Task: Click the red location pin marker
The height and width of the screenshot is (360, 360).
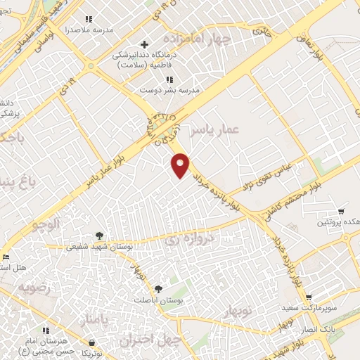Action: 181,165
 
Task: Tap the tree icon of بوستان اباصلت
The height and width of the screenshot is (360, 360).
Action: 158,289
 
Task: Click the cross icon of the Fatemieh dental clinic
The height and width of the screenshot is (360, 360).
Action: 144,44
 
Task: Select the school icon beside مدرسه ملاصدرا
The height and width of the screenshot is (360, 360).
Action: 88,20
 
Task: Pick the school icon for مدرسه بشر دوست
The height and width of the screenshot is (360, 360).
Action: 169,79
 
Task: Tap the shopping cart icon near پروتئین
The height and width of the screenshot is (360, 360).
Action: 341,211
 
